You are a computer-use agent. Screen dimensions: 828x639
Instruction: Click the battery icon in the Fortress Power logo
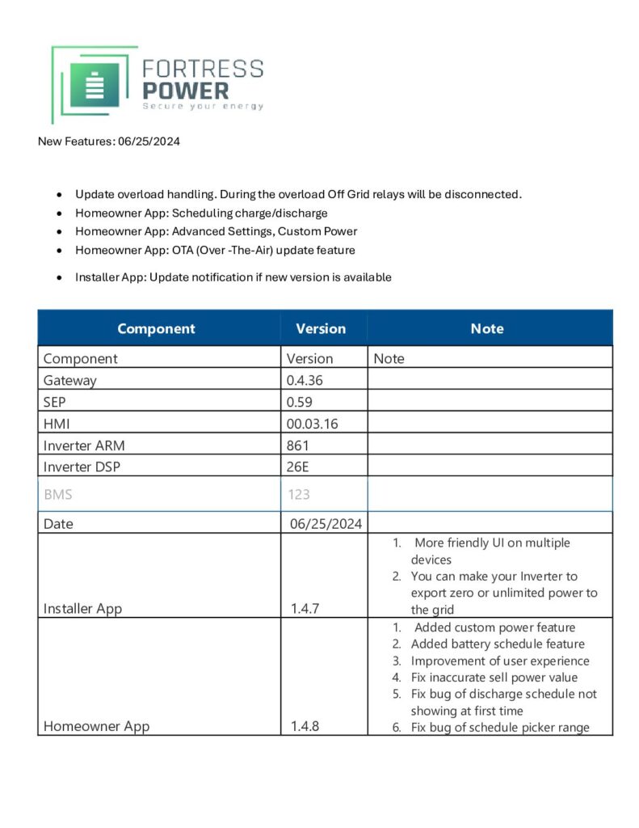[95, 85]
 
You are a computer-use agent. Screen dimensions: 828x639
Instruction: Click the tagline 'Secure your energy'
[202, 106]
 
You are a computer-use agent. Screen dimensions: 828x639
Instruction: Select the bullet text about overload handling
[298, 194]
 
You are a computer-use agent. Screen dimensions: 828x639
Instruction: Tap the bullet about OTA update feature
[215, 250]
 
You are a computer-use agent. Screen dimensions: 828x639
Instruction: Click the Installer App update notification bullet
[233, 277]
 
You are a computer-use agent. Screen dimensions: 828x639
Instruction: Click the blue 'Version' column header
[321, 328]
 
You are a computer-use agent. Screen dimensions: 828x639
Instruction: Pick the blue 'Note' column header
[487, 328]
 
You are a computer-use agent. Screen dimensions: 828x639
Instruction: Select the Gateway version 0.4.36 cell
[305, 380]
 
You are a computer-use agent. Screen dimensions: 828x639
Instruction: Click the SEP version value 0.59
[299, 402]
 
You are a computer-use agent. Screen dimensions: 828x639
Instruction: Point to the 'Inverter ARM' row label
[84, 445]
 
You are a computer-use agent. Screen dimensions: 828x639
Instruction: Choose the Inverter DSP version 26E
[298, 467]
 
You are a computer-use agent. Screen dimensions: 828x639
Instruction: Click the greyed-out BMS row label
[58, 494]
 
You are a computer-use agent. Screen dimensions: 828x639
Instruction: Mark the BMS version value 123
[299, 494]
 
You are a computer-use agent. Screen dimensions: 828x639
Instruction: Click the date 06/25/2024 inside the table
[326, 523]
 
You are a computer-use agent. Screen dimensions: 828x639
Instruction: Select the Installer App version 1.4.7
[305, 608]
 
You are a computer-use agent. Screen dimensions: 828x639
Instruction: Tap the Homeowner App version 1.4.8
[305, 726]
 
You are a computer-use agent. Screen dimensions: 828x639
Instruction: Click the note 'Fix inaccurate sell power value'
[494, 678]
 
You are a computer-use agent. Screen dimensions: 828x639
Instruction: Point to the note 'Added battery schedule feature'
[498, 644]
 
